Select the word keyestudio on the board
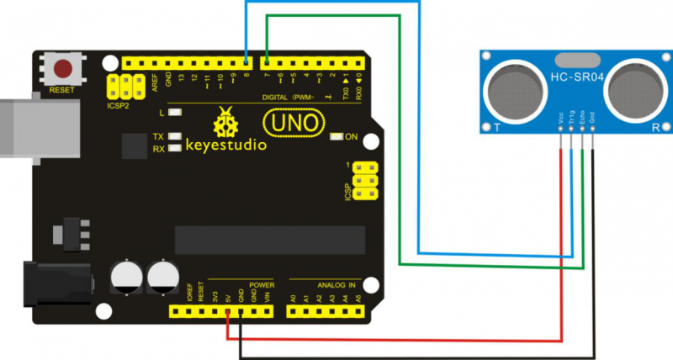point(225,145)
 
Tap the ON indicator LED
point(336,136)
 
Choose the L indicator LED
point(175,112)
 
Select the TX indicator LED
point(175,136)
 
